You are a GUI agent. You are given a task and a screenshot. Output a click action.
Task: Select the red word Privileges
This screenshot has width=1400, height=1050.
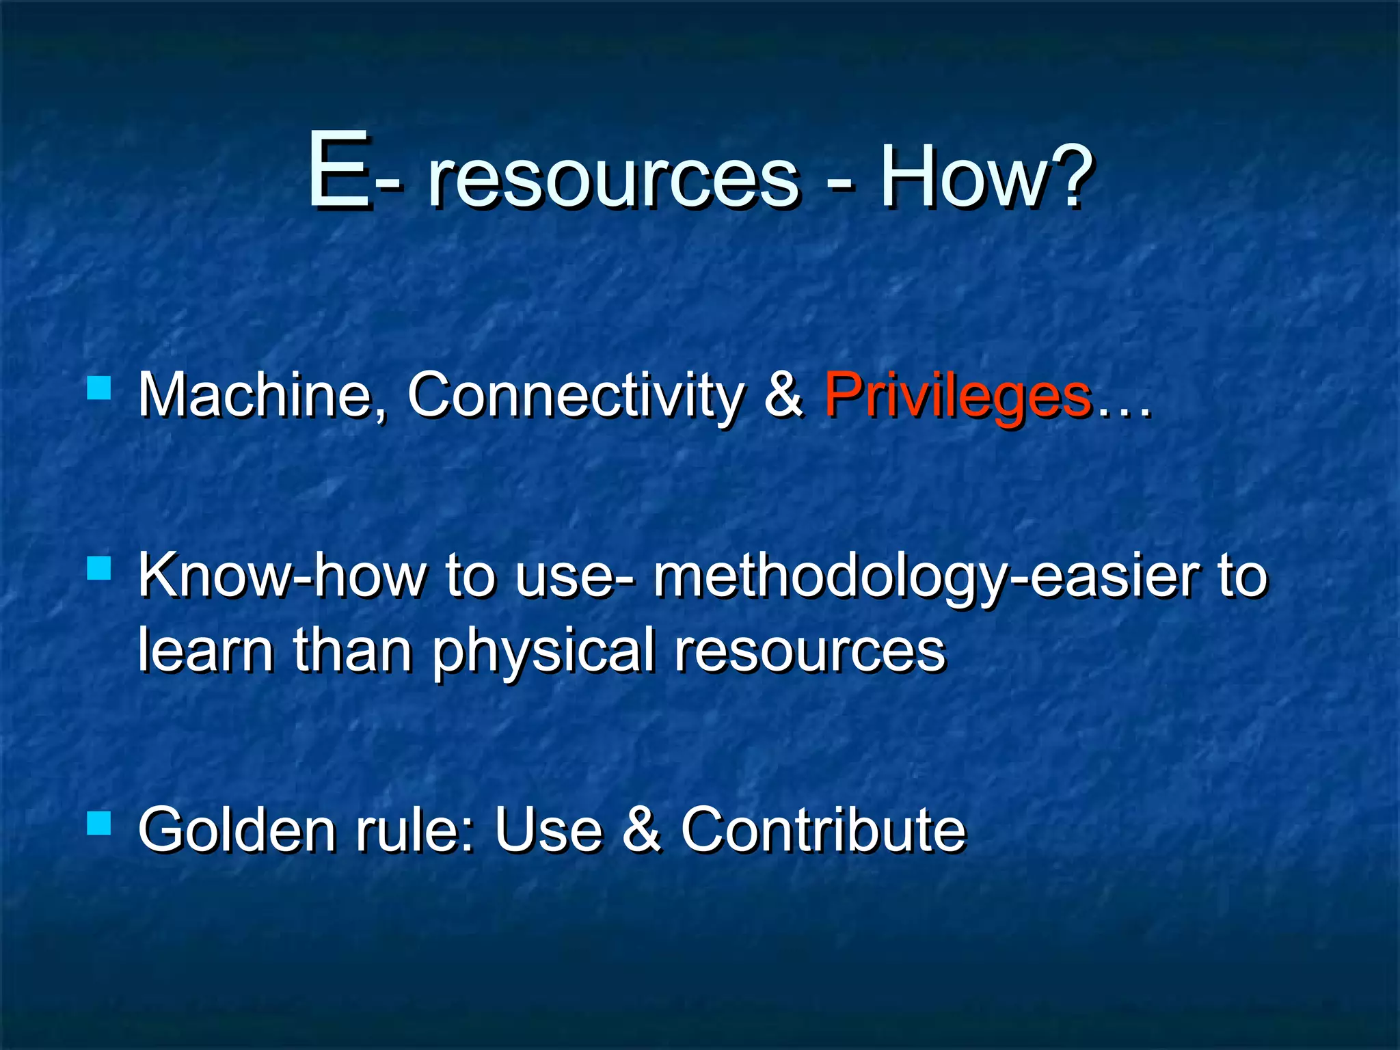click(957, 396)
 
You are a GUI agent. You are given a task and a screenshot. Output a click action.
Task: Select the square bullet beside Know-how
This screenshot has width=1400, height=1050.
click(100, 567)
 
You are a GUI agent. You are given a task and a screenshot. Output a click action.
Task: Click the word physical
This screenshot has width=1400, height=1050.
click(543, 653)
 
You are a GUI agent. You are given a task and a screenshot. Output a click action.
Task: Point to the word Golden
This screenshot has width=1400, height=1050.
click(237, 830)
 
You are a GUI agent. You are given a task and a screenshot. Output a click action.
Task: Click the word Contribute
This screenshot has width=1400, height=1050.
click(823, 830)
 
